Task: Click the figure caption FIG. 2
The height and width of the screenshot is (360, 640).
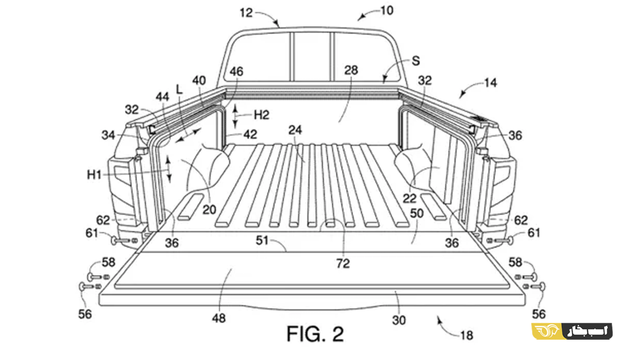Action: pos(315,334)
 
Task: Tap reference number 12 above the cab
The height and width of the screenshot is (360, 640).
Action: pos(246,13)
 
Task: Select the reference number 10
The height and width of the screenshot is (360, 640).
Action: pos(387,11)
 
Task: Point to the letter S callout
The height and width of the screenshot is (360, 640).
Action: pos(416,61)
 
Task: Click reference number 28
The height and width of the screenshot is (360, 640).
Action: pos(351,70)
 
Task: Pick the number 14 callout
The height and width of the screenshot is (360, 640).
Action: pos(491,83)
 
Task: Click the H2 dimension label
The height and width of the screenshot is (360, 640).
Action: pos(262,115)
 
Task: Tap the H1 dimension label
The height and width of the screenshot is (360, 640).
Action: pos(94,174)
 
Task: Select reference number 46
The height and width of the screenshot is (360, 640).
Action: pos(236,71)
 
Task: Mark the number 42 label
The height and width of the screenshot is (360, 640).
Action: pos(250,134)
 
